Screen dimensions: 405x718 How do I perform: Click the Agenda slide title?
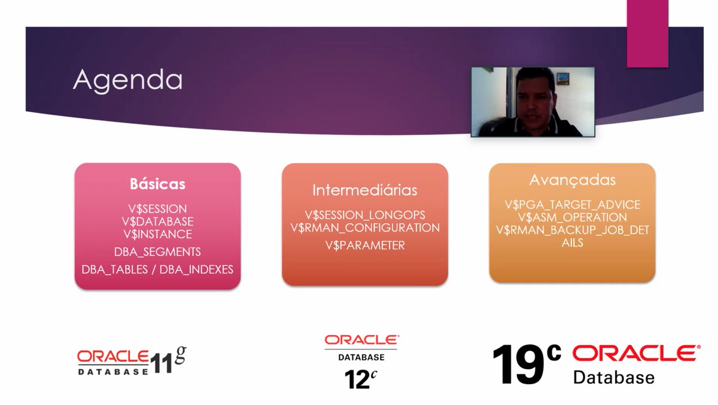coord(127,80)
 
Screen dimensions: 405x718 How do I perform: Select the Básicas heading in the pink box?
coord(157,184)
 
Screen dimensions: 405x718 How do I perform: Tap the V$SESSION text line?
coord(157,209)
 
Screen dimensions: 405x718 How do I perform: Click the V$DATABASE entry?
coord(157,221)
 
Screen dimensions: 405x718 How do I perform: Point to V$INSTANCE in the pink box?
coord(157,234)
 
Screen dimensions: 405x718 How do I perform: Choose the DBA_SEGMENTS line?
coord(157,252)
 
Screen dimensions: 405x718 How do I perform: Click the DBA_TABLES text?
coord(115,270)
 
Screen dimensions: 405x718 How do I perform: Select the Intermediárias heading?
coord(364,190)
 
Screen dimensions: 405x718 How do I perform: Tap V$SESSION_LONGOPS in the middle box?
coord(364,215)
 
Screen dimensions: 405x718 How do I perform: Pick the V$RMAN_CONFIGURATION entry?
coord(364,228)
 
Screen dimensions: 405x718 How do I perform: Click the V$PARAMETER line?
coord(364,245)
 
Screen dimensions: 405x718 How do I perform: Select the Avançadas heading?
coord(572,180)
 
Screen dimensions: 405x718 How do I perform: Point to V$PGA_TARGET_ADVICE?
coord(572,205)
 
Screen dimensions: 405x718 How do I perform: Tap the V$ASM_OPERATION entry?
coord(572,217)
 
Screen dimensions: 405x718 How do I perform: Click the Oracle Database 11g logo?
coord(131,361)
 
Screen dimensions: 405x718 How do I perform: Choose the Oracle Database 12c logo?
coord(361,361)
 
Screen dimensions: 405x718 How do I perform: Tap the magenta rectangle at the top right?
coord(647,34)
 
